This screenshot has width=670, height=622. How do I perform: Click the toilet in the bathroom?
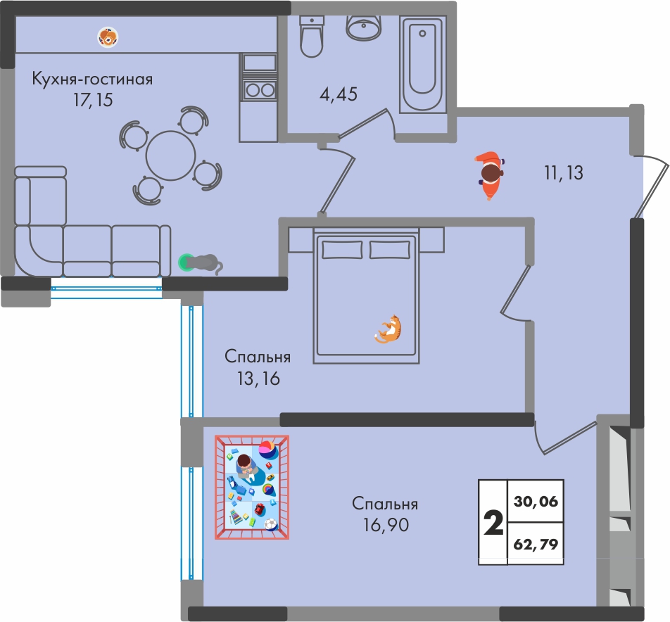tap(312, 37)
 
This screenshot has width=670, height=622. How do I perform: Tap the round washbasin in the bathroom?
tap(364, 27)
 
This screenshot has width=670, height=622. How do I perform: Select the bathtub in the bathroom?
tap(422, 64)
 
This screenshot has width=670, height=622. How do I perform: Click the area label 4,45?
tap(339, 94)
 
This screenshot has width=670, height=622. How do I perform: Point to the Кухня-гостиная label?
tap(92, 80)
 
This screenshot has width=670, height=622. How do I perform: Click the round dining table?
tap(170, 156)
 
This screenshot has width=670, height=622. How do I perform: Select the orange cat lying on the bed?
tap(389, 329)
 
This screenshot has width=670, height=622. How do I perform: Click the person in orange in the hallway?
tap(490, 173)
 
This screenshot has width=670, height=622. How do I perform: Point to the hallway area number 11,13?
tap(564, 173)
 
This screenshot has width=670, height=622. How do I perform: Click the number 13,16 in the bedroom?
tap(258, 379)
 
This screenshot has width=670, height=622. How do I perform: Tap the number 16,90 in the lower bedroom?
tap(386, 525)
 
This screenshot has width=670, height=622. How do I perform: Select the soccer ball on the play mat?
tap(270, 524)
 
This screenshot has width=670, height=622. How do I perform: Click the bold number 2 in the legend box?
tap(493, 523)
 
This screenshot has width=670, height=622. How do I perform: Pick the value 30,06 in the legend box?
tap(536, 501)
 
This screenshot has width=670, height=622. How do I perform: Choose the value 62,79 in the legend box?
tap(536, 545)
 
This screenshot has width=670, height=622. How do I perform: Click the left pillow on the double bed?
tap(342, 250)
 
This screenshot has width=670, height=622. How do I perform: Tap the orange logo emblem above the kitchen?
tap(108, 37)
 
